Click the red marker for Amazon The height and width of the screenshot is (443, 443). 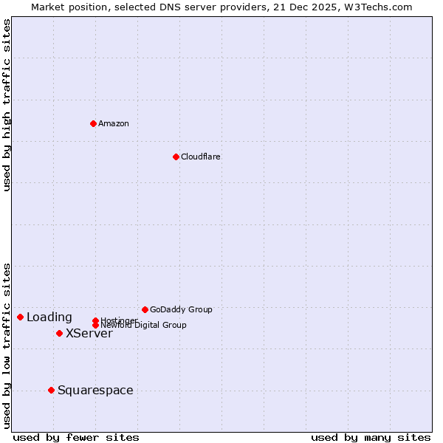pyautogui.click(x=93, y=123)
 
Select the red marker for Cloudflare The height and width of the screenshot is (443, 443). pyautogui.click(x=176, y=157)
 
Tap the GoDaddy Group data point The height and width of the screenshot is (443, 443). pyautogui.click(x=145, y=309)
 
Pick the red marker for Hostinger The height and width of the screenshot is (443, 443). pyautogui.click(x=95, y=320)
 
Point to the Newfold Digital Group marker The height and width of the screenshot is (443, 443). pyautogui.click(x=95, y=326)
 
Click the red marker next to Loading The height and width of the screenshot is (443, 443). pyautogui.click(x=20, y=317)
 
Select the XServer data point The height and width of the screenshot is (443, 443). pyautogui.click(x=59, y=333)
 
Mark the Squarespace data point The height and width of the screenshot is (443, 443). pyautogui.click(x=51, y=390)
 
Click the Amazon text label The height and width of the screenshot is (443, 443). pyautogui.click(x=114, y=123)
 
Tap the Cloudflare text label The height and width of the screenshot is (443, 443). pyautogui.click(x=201, y=157)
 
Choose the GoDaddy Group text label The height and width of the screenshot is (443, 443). pyautogui.click(x=181, y=309)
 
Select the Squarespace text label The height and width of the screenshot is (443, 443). pyautogui.click(x=95, y=390)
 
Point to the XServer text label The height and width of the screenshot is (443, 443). pyautogui.click(x=89, y=333)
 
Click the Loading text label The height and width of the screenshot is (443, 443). pyautogui.click(x=49, y=317)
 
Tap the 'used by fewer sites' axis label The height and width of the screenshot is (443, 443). pyautogui.click(x=76, y=437)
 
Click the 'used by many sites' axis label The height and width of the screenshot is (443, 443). pyautogui.click(x=371, y=437)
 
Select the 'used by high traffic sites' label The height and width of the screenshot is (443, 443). pyautogui.click(x=7, y=105)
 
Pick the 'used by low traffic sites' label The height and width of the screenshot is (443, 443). pyautogui.click(x=7, y=346)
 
